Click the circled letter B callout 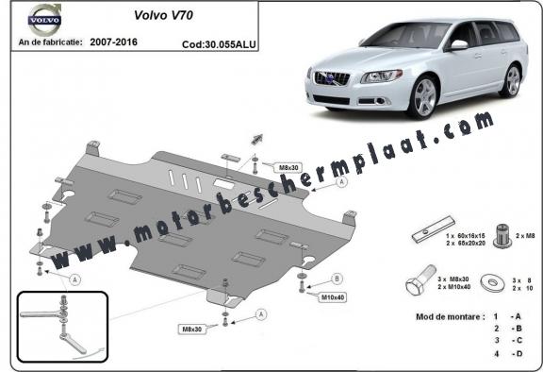tap(337, 278)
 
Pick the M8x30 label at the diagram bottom tap(196, 329)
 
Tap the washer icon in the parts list tap(488, 281)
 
